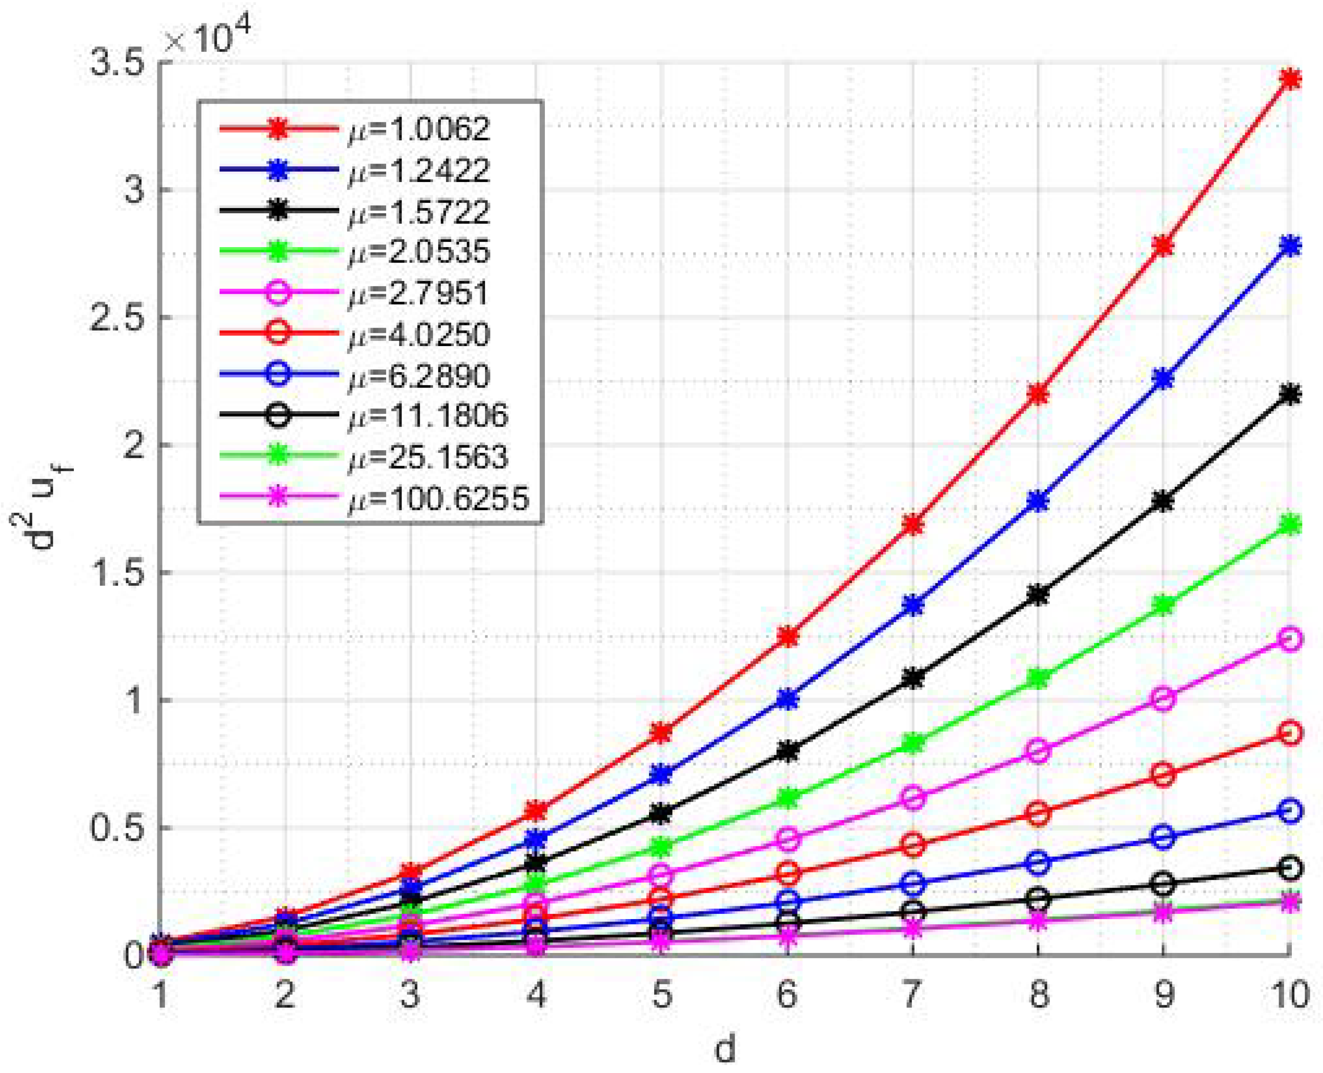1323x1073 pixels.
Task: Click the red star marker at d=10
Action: pos(1290,79)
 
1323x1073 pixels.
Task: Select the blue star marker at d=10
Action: pos(1290,246)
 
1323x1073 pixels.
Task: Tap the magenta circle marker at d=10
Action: pos(1290,639)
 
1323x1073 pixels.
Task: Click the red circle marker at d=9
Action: pos(1164,774)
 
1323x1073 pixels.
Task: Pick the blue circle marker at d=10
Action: pos(1290,811)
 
